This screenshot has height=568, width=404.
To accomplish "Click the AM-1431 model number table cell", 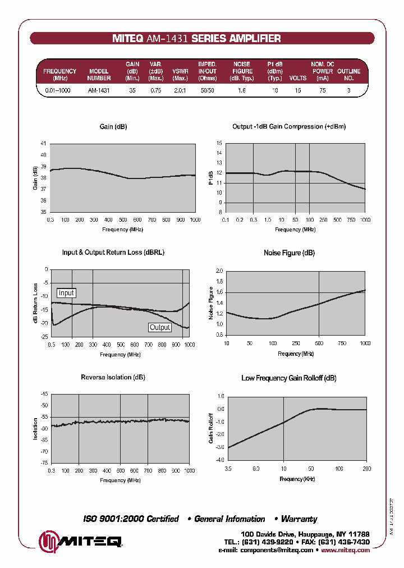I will (99, 90).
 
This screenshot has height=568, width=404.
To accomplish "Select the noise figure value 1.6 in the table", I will (242, 90).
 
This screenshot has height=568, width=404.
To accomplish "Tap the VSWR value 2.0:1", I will (180, 90).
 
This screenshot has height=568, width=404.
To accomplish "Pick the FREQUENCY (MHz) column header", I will (59, 75).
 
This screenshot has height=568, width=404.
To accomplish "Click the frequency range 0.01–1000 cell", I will (57, 90).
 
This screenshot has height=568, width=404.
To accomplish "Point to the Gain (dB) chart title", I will (113, 127).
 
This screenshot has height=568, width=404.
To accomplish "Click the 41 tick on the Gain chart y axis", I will (44, 143).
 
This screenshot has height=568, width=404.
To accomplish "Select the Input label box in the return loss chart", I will (66, 293).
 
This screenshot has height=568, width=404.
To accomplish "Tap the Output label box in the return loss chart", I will (160, 327).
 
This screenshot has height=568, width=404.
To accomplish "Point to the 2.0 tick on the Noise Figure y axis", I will (219, 271).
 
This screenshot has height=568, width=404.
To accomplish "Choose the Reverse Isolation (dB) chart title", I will (113, 378).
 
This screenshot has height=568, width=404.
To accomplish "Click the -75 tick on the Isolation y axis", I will (44, 463).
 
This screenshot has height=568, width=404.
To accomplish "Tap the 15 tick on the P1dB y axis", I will (219, 143).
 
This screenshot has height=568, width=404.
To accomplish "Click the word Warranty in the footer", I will (299, 519).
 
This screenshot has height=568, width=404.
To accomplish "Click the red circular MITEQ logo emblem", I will (48, 542).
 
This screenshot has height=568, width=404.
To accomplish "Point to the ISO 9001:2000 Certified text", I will (131, 519).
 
